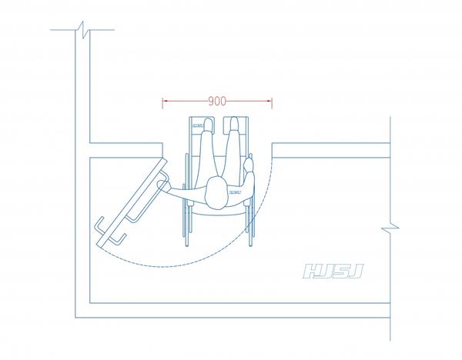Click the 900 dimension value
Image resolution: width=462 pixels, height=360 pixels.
coord(217,101)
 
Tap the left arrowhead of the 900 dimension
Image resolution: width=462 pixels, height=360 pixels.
coord(165,101)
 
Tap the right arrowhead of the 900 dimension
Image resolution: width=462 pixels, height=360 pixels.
coord(269,101)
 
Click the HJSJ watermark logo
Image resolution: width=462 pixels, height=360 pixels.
coord(333,271)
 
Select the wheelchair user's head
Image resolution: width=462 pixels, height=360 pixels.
coord(216,193)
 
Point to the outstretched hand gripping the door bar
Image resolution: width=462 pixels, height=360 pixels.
coord(163,185)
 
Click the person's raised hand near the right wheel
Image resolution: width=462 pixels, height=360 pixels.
coord(249,165)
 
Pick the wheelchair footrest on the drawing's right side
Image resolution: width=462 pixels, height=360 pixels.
coord(236,125)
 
